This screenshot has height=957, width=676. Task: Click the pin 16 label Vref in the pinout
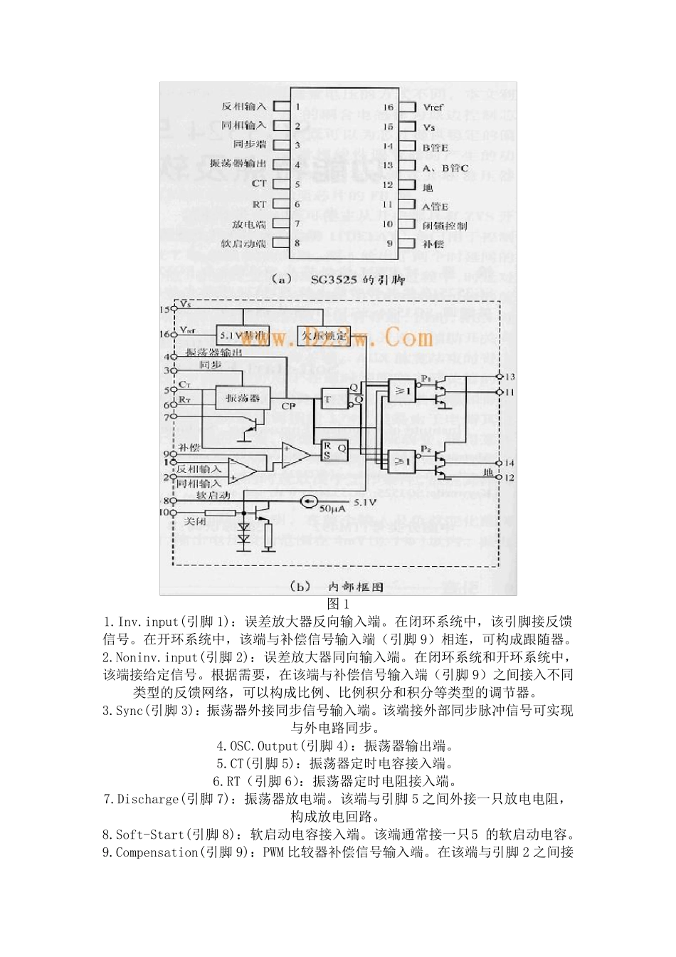[x=433, y=108]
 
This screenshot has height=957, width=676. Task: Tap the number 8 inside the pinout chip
[x=297, y=244]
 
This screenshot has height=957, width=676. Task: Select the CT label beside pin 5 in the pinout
[x=259, y=184]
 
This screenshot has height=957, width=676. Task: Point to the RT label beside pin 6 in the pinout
[x=259, y=204]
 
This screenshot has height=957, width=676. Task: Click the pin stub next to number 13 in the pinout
[x=408, y=166]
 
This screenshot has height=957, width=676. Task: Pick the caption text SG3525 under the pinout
[x=334, y=280]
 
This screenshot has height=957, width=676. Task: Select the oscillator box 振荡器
[x=243, y=398]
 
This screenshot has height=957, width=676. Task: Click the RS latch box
[x=334, y=449]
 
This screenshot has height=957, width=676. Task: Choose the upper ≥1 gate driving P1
[x=402, y=390]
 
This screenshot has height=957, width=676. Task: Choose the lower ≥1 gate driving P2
[x=402, y=461]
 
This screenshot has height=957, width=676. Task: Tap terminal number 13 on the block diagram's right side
[x=509, y=377]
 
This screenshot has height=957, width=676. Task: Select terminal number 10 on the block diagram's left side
[x=166, y=512]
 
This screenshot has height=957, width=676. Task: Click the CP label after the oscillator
[x=288, y=406]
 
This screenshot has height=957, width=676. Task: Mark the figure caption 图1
[x=338, y=604]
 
